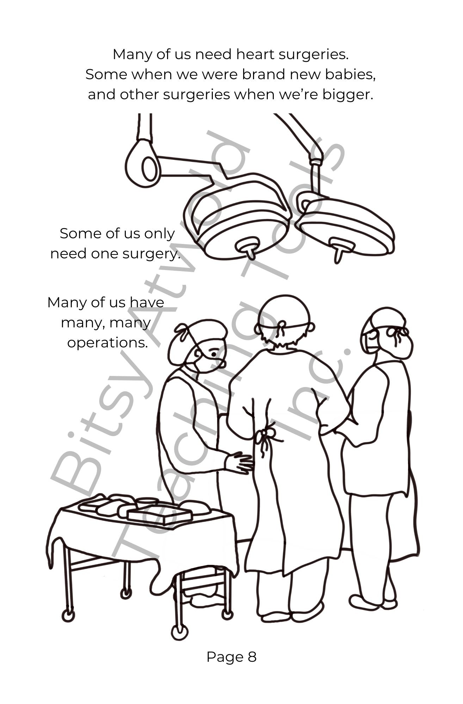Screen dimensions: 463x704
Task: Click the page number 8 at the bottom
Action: pyautogui.click(x=252, y=657)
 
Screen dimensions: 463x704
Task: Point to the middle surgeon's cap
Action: pyautogui.click(x=284, y=312)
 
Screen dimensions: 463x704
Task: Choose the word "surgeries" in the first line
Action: pyautogui.click(x=313, y=55)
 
